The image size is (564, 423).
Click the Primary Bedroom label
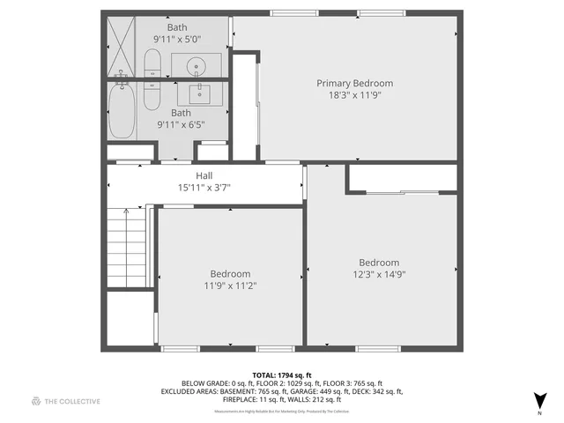(354, 84)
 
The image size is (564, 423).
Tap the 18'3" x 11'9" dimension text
(354, 95)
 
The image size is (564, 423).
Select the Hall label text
(204, 176)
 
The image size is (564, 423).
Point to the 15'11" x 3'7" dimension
(204, 188)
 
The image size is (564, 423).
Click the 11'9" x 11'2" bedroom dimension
(230, 286)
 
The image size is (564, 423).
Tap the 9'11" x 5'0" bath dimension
(177, 40)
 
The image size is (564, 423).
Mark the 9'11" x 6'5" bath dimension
(181, 125)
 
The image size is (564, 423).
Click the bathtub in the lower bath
(122, 110)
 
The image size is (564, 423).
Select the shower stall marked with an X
(122, 46)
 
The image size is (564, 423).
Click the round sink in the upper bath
(196, 64)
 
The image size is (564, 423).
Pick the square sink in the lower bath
(195, 93)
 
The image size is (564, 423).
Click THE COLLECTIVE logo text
(72, 402)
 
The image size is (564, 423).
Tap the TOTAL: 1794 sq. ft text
(282, 375)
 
